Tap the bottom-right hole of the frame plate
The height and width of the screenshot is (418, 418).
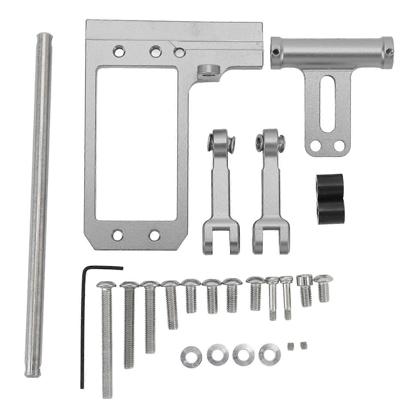(154, 234)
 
